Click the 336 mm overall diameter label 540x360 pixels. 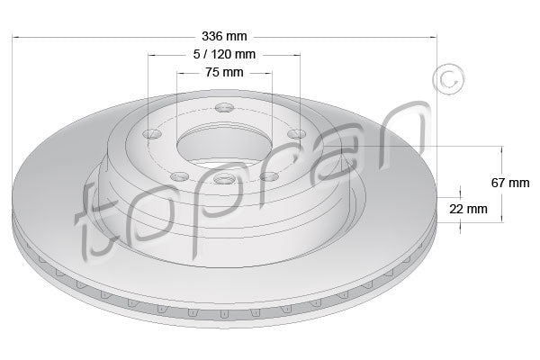(223, 37)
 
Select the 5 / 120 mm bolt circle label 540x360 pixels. (223, 54)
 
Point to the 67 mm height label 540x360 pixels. (510, 183)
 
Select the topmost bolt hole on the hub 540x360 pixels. (224, 111)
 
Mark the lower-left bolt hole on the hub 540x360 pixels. (177, 175)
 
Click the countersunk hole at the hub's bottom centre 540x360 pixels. (223, 181)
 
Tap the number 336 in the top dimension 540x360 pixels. (212, 37)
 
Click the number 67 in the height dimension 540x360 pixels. (499, 183)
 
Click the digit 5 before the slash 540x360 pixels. (196, 54)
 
